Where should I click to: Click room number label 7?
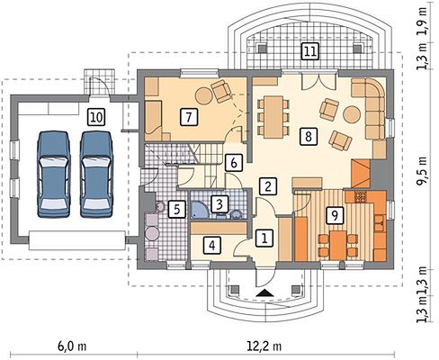coord(189,117)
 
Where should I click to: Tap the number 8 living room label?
coord(308,137)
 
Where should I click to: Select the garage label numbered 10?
coord(96,117)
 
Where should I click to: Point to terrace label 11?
coord(310,51)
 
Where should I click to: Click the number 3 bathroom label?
coord(219,204)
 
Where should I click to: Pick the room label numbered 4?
coord(212,246)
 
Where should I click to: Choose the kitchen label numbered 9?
coord(335,215)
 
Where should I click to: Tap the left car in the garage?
coord(54,174)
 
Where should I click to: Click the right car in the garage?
coord(96,174)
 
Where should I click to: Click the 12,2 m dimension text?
coord(264,346)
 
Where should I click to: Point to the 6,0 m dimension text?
coord(72,346)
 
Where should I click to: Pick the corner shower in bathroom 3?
coord(199,210)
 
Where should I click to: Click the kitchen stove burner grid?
coord(361,197)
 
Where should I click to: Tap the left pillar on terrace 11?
coord(262,49)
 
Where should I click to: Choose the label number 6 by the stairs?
coord(234,163)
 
